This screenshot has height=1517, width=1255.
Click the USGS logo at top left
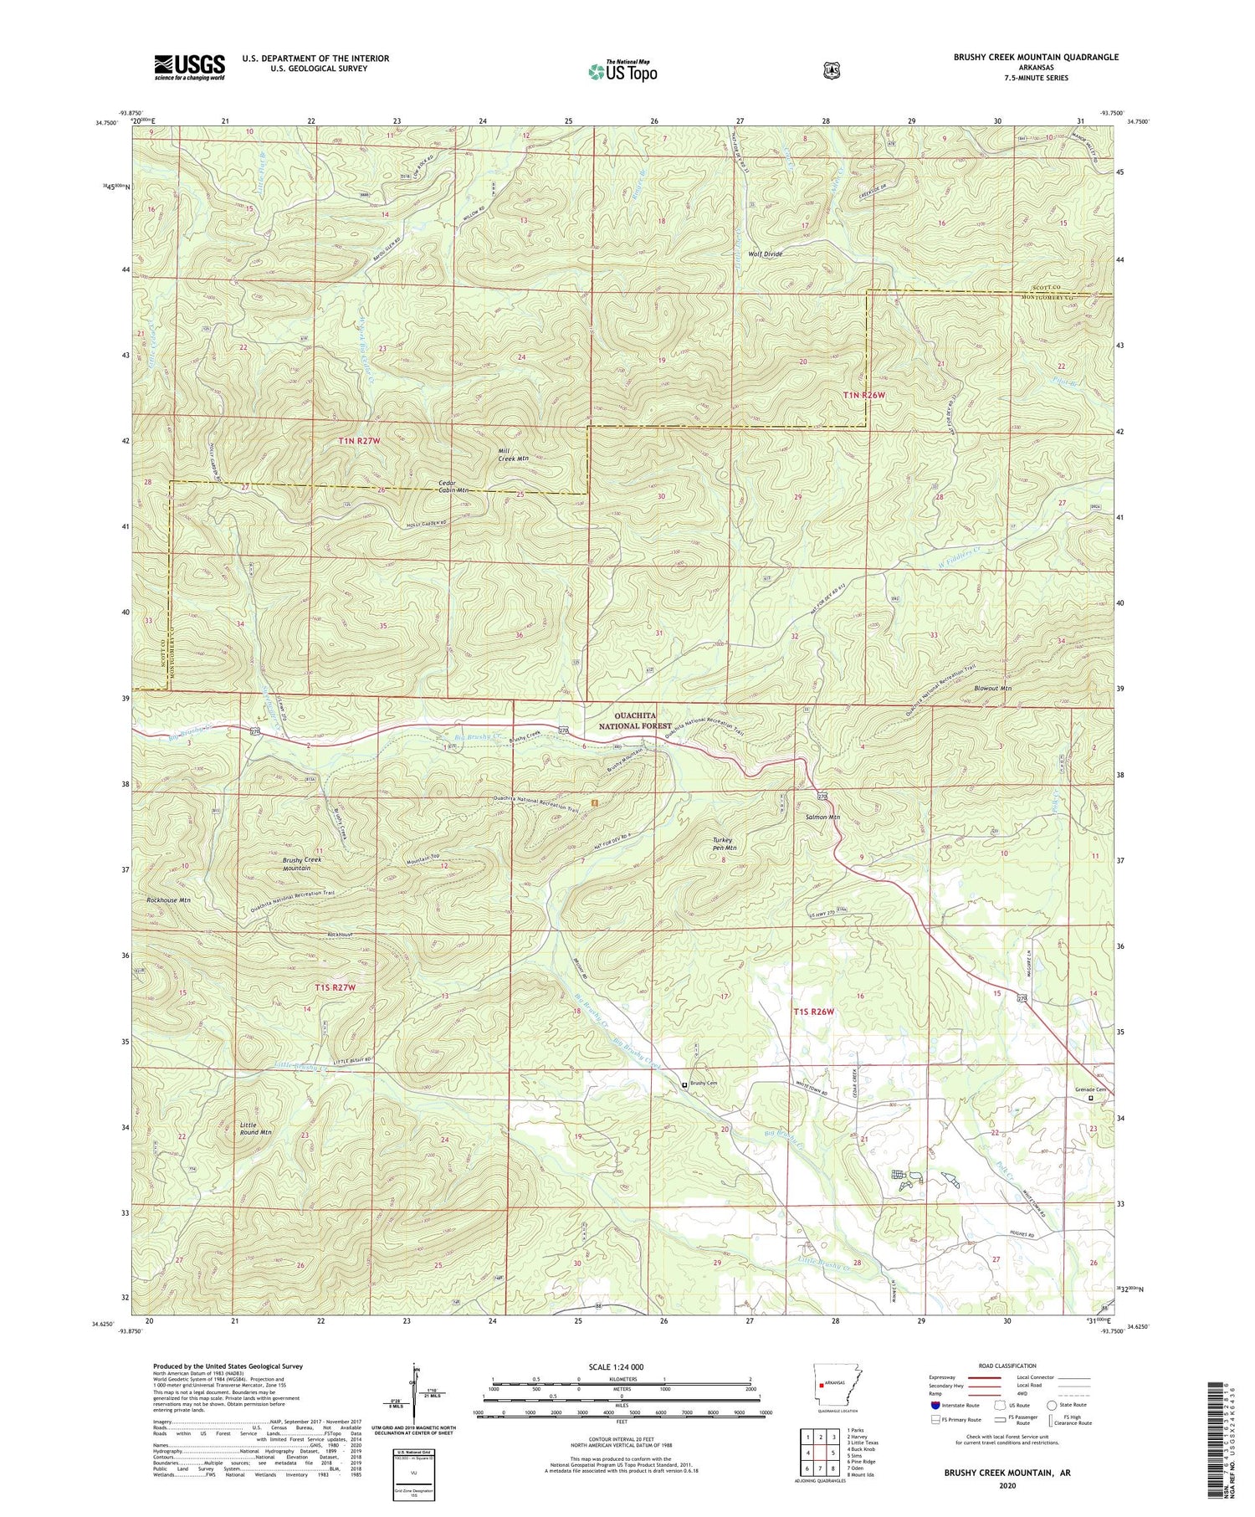(189, 67)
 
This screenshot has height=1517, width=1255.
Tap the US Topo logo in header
(622, 71)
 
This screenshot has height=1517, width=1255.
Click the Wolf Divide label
(765, 254)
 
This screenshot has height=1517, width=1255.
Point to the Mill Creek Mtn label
(513, 454)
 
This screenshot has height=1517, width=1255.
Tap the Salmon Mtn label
(822, 817)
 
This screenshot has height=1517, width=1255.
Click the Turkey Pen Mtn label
(718, 843)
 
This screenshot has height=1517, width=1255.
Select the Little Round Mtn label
(254, 1128)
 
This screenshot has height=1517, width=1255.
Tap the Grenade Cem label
(1090, 1089)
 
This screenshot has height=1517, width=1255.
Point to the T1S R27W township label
(336, 987)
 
